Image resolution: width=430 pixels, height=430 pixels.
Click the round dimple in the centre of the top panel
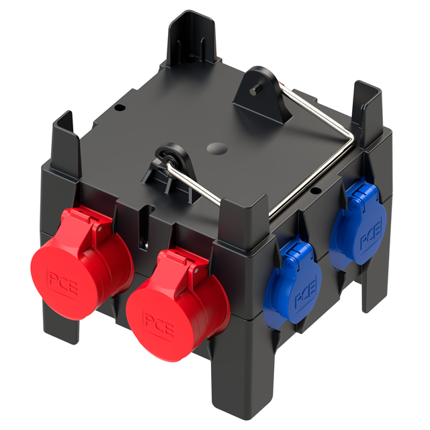pos(217,149)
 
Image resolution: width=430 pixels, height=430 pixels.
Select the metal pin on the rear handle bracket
pos(255,91)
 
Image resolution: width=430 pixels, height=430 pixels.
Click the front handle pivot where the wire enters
pos(169,159)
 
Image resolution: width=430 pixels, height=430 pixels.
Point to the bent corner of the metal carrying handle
pos(351,140)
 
